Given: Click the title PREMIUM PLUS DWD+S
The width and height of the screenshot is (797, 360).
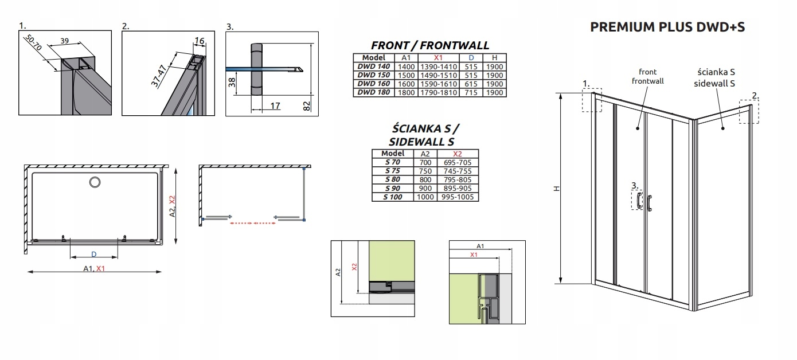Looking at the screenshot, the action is coord(667,27).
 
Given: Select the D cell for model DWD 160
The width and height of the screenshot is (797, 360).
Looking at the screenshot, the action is coord(471,84).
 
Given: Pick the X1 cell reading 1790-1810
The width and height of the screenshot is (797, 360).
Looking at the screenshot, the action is coord(438,92).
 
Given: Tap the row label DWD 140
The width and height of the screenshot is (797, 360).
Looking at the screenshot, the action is coord(374,66).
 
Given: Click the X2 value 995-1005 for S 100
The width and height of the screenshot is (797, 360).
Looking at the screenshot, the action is coord(458,197).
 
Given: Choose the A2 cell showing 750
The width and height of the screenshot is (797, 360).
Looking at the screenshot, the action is coord(425,171).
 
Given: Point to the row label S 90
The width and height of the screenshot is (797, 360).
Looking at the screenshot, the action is coord(392,188).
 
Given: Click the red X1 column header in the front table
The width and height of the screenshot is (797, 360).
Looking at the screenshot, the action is coord(438,58).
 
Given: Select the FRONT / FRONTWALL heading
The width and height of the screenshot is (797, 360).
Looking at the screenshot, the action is coord(430,45).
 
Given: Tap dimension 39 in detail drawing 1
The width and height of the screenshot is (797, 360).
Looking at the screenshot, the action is coord(64,41).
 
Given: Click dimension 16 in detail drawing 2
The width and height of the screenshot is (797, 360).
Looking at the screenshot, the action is coord(200,41).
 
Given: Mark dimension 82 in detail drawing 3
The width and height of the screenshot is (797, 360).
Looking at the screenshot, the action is coord(307,106).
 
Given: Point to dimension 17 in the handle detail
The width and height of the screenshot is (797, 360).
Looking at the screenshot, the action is coord(275,105).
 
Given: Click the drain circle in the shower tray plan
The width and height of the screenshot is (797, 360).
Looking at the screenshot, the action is coord(95,182).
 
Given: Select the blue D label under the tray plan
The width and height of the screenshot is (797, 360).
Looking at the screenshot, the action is coord(94,255).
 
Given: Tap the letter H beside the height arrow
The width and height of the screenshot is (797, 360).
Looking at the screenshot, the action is coord(557,189).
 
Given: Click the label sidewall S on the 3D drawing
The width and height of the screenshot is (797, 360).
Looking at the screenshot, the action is coord(714,84).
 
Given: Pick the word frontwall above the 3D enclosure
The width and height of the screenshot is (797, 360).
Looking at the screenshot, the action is coord(647,81).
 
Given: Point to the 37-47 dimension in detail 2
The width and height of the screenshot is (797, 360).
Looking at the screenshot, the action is coord(158,76).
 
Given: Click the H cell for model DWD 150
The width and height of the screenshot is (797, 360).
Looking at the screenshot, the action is coord(494,76).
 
